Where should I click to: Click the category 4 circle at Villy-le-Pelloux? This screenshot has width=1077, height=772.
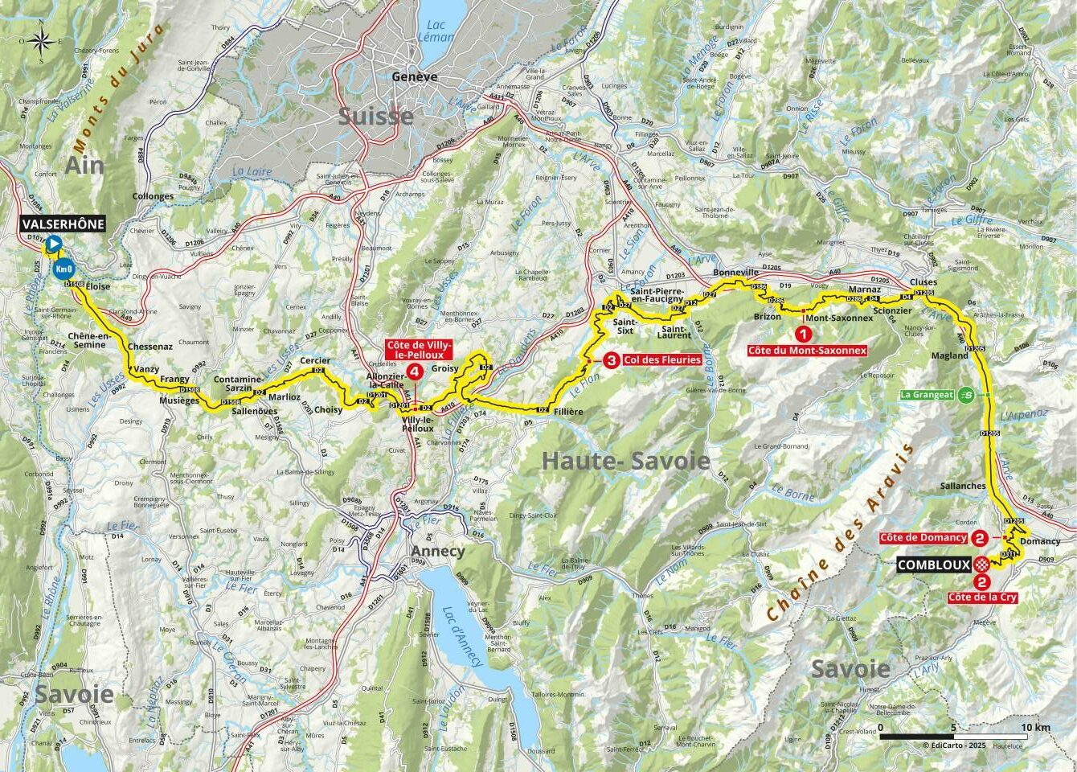point(414,372)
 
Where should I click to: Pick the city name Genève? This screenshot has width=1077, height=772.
point(415,76)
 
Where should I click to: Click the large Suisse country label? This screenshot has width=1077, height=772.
point(375,116)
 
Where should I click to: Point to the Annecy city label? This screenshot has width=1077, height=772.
point(437,552)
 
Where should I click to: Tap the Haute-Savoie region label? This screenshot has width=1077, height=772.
point(625,461)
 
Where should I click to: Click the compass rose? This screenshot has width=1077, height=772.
point(43,39)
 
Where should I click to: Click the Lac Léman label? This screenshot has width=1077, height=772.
point(436,34)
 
